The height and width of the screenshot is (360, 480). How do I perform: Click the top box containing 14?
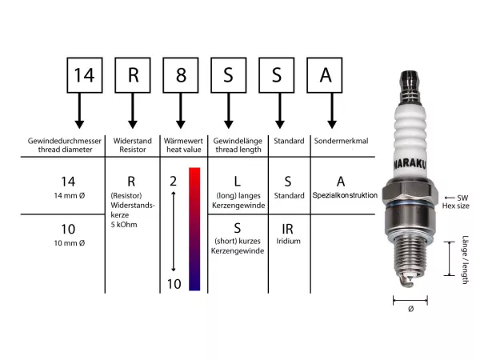83,75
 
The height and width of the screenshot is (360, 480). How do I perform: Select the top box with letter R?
133,75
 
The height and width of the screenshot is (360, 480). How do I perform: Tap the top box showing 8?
182,75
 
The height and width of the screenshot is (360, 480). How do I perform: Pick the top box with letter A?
326,75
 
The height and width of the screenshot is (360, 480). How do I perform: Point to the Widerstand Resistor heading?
133,146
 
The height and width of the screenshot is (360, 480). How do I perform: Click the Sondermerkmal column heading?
348,141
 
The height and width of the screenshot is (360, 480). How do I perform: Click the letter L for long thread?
238,181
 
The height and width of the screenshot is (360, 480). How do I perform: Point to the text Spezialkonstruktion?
345,195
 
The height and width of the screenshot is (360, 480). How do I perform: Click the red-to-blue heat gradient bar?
194,228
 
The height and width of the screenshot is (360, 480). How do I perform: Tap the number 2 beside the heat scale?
173,181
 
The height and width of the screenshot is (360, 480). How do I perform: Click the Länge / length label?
465,261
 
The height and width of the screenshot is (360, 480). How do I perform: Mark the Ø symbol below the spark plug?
410,309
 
